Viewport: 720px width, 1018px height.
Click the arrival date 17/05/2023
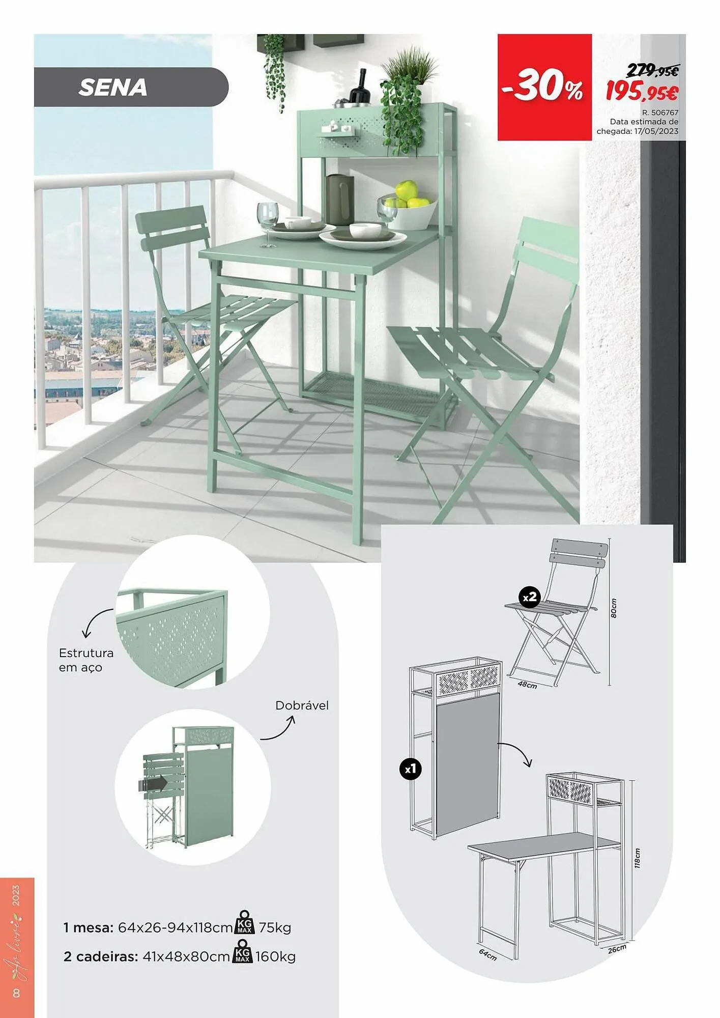click(x=656, y=131)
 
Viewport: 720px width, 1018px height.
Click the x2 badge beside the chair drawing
click(x=529, y=597)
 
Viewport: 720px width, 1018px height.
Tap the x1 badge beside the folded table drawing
click(x=410, y=769)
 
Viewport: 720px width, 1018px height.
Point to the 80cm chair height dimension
click(x=614, y=608)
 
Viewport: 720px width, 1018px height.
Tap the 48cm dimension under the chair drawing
click(x=527, y=685)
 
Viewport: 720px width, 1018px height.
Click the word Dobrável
click(x=302, y=705)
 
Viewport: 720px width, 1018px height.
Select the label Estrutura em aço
click(x=86, y=660)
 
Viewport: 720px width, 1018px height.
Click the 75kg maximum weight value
click(x=275, y=927)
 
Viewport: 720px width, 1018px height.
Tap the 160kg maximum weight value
click(x=275, y=956)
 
